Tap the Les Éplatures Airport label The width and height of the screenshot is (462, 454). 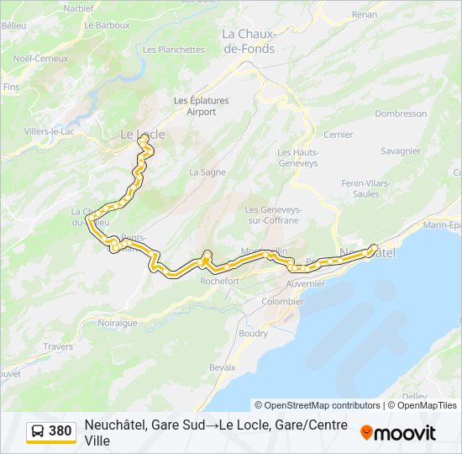coord(201,106)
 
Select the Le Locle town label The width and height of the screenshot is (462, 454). coord(143,135)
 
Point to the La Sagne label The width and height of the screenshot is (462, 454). coord(207,172)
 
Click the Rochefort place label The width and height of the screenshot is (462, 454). coord(220,282)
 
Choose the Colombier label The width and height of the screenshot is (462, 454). coord(282,301)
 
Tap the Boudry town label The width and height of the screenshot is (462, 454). coord(253,333)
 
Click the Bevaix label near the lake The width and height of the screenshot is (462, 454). coord(222,367)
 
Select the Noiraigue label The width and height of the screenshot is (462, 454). coord(117,323)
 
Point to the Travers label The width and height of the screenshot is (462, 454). coord(58,346)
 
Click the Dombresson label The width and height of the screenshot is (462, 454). coord(401,113)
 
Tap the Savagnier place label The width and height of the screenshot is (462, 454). coord(400,151)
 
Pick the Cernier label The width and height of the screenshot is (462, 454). coord(338,135)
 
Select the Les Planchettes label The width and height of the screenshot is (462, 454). coord(173,50)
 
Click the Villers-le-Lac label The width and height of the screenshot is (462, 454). coord(48,132)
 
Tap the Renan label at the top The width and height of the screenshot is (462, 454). coord(365,15)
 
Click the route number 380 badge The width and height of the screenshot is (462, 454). coord(60,431)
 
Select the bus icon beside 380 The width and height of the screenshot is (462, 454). coord(39,431)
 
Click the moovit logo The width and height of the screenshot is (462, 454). coord(398,433)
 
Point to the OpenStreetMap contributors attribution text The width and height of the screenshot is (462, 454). coord(318,405)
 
